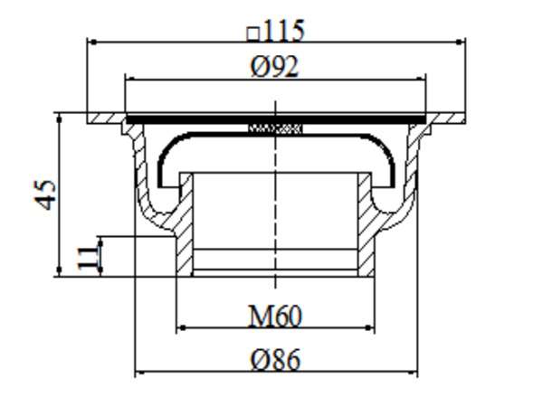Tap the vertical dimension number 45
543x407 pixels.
[x=46, y=194]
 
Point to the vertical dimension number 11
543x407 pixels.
[x=86, y=256]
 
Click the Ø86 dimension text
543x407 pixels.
[x=276, y=359]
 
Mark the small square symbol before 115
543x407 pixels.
[x=253, y=33]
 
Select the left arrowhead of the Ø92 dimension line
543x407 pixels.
[x=129, y=79]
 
